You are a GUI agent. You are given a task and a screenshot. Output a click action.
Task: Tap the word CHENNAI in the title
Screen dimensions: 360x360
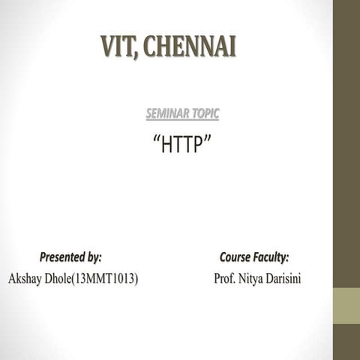click(190, 46)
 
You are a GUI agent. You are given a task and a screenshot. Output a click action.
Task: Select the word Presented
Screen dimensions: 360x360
click(61, 257)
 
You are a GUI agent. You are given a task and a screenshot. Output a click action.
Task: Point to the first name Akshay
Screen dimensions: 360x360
click(24, 279)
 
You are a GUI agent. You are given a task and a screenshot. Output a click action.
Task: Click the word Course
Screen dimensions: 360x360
click(235, 257)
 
